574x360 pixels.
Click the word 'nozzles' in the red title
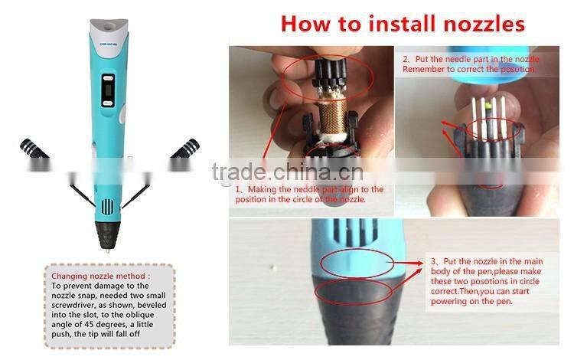[484, 25]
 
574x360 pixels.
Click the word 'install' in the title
[403, 25]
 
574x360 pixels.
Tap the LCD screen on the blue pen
[108, 90]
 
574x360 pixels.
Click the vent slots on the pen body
[108, 207]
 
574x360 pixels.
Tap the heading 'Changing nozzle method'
[100, 277]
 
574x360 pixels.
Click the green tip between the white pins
[488, 106]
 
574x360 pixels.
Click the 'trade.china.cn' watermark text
[288, 172]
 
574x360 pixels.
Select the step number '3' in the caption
[433, 261]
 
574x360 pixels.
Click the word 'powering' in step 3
[447, 301]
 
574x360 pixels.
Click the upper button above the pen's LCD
[108, 77]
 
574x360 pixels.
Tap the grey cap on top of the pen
[109, 27]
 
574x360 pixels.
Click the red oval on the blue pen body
[357, 263]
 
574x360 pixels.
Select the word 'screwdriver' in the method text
[73, 305]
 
